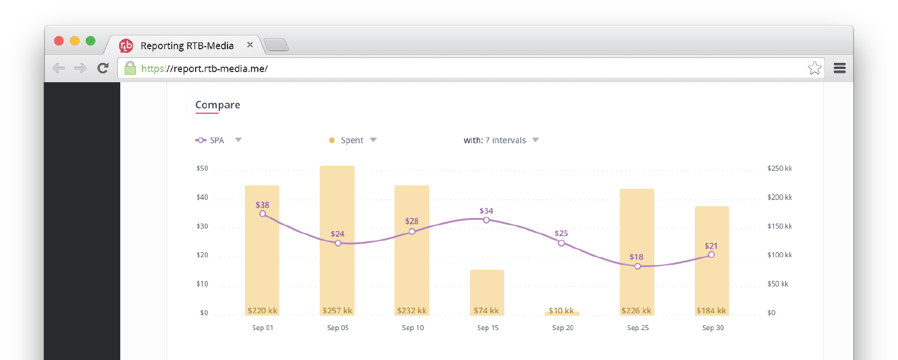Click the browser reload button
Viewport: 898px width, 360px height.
coord(103,69)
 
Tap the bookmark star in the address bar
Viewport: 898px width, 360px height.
coord(814,69)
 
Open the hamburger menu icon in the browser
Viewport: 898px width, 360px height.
coord(839,69)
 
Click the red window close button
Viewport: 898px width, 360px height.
coord(59,41)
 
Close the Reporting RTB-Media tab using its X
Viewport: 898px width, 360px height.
coord(250,45)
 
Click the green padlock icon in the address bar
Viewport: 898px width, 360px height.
coord(130,69)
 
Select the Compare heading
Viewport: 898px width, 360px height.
coord(217,105)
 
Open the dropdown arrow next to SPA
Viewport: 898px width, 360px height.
coord(238,140)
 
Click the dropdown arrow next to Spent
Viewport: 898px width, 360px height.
coord(373,140)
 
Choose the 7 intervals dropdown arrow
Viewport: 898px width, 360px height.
coord(535,140)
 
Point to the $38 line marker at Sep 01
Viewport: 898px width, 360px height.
coord(262,214)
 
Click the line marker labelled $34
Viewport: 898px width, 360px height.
coord(486,220)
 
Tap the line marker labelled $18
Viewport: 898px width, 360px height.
coord(637,266)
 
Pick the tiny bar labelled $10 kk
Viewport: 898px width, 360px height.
coord(561,313)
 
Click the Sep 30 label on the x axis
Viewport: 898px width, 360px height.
coord(712,328)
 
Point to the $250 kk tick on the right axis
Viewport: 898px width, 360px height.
coord(780,169)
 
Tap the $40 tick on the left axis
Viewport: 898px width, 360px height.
coord(202,198)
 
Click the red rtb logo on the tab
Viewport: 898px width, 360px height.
coord(126,45)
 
